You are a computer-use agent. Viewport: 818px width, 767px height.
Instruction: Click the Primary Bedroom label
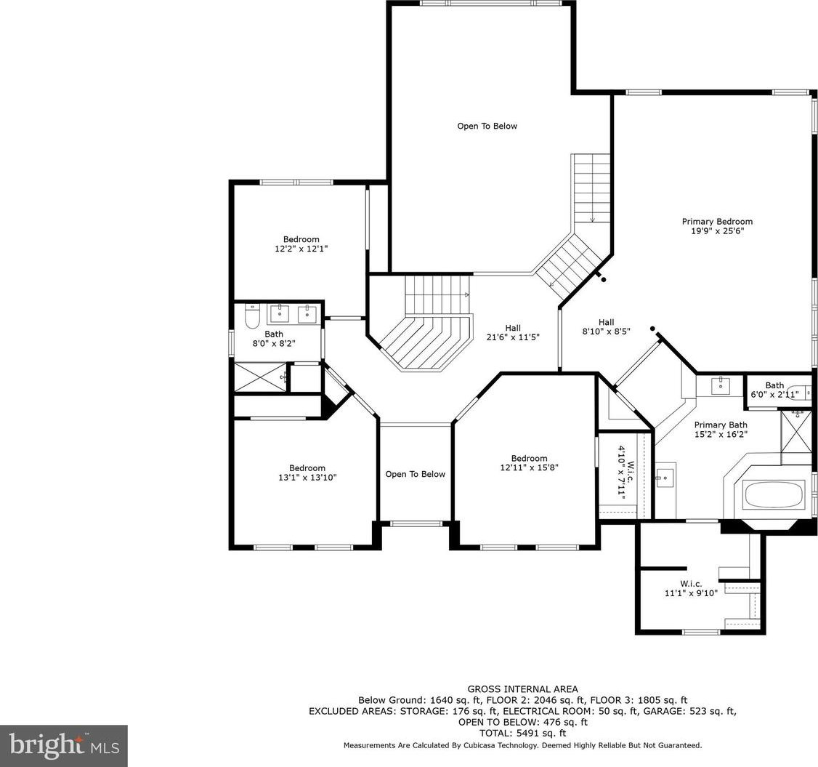point(717,226)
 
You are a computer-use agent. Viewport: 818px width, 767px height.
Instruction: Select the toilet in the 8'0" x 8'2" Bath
point(252,317)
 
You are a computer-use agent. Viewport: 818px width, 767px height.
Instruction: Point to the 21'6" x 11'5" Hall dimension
point(513,337)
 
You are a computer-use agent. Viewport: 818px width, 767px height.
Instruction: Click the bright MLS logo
point(64,746)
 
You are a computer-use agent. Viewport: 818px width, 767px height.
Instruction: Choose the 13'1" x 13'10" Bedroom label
point(307,473)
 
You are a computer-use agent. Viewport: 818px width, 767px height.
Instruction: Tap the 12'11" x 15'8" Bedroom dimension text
point(529,467)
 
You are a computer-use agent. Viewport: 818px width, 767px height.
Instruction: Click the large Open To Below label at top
point(487,126)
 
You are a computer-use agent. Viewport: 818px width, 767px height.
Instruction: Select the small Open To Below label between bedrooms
point(416,474)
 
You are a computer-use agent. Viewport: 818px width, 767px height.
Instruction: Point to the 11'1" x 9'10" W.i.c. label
point(691,588)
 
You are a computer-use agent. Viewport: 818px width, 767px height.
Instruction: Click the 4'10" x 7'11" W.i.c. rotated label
point(626,471)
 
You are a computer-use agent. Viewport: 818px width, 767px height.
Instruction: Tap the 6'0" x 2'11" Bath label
point(774,390)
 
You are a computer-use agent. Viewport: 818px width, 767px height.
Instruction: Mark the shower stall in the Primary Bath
point(796,437)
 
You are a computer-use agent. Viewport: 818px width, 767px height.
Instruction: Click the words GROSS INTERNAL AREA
point(522,689)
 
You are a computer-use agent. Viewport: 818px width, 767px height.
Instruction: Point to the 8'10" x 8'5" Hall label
point(606,326)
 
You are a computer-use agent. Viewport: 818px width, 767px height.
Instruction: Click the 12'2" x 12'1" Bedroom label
point(301,244)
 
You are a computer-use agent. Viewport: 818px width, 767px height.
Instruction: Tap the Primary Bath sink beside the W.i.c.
point(665,477)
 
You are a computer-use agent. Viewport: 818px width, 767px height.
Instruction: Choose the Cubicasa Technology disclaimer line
point(522,746)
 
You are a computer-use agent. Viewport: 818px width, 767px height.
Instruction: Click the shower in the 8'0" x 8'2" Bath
point(260,377)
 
